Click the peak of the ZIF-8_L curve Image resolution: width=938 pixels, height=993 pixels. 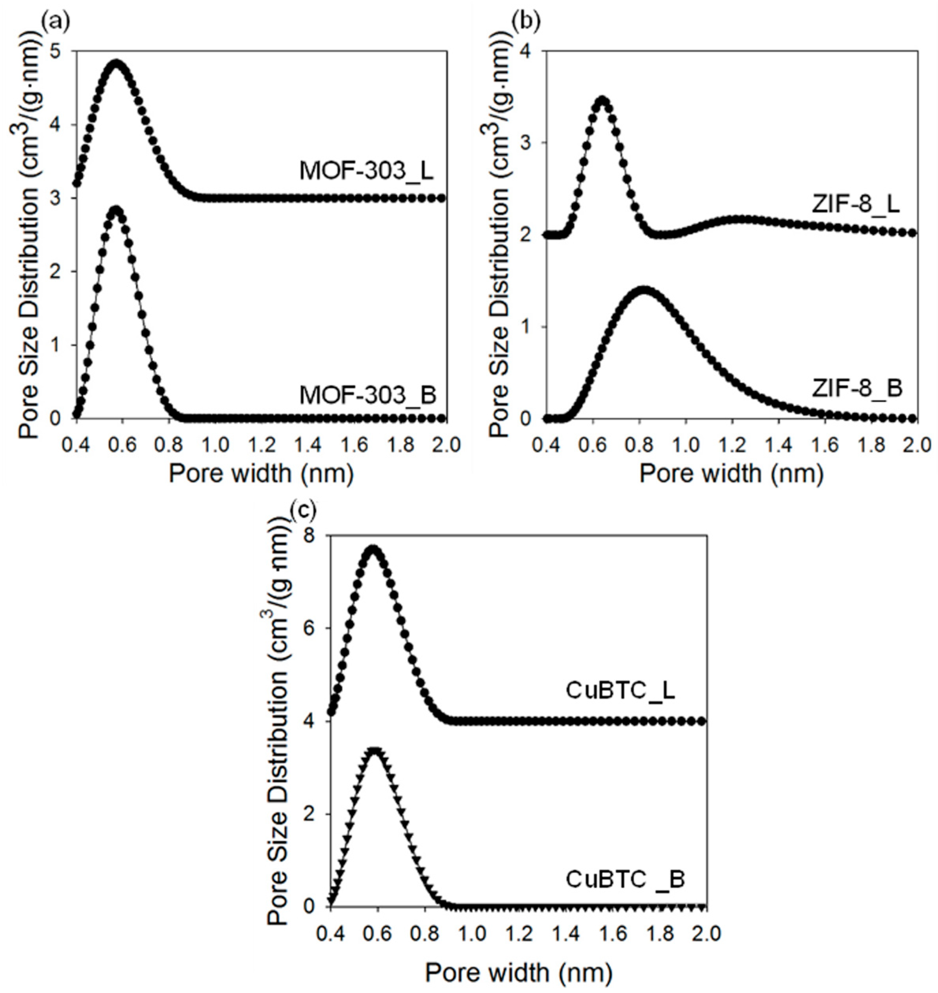pyautogui.click(x=602, y=100)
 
